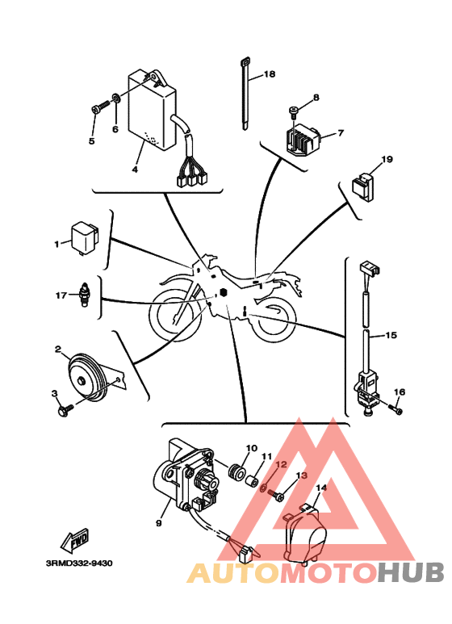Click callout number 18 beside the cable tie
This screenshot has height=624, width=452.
[270, 74]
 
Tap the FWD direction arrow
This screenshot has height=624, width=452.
[75, 541]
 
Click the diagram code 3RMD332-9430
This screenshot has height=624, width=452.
[79, 563]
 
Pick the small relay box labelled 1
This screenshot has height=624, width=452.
[85, 238]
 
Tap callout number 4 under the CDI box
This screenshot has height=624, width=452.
[135, 170]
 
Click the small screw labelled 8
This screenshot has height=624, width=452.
[293, 112]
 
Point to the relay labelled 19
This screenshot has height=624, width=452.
[363, 186]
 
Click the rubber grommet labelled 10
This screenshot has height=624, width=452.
[235, 470]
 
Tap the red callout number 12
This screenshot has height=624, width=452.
[282, 464]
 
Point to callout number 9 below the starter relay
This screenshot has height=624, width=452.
[159, 522]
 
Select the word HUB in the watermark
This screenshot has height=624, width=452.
[411, 572]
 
